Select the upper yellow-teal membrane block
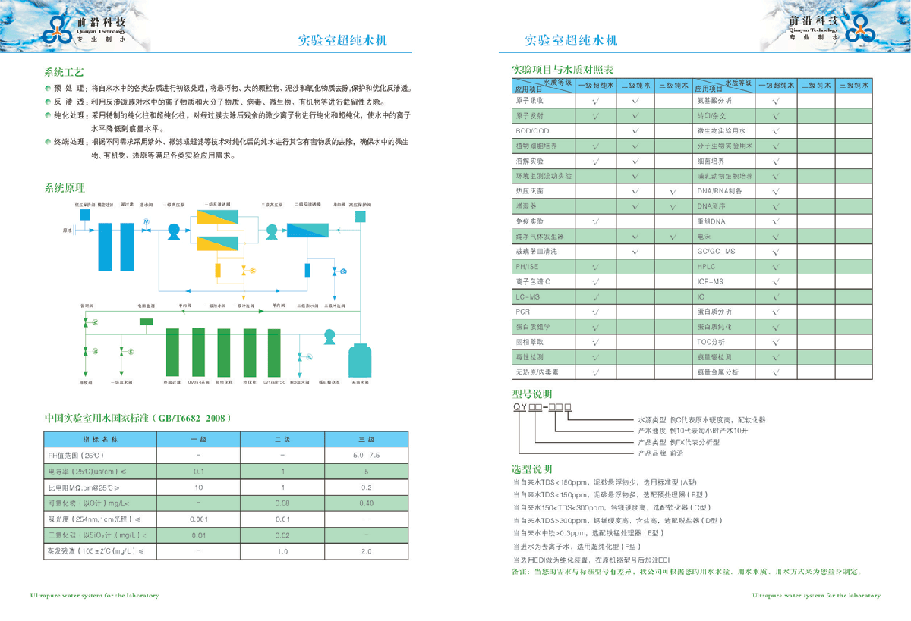pyautogui.click(x=219, y=218)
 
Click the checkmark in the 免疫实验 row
pyautogui.click(x=596, y=221)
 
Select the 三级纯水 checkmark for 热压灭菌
pyautogui.click(x=673, y=191)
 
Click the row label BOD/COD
pyautogui.click(x=531, y=131)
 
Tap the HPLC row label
pyautogui.click(x=706, y=267)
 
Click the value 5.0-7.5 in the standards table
pyautogui.click(x=366, y=456)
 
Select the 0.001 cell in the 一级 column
pyautogui.click(x=198, y=519)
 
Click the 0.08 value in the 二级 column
pyautogui.click(x=282, y=503)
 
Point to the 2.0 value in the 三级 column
pyautogui.click(x=366, y=551)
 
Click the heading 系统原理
pyautogui.click(x=65, y=188)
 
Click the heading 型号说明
pyautogui.click(x=532, y=394)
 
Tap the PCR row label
pyautogui.click(x=522, y=312)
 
